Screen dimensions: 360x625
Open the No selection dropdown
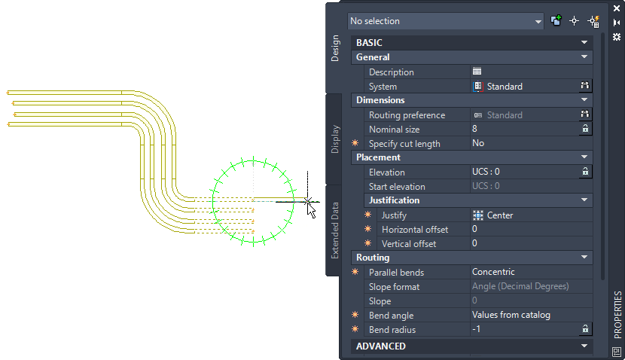(x=445, y=21)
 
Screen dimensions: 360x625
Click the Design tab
(x=336, y=48)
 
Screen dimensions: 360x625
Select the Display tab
(x=336, y=139)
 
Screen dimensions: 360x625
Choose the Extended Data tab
(x=336, y=230)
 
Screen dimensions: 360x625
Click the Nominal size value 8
(x=520, y=130)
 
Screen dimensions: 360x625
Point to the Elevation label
(x=386, y=172)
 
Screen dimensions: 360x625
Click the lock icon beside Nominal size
(x=584, y=130)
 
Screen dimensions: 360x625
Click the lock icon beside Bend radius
(x=584, y=330)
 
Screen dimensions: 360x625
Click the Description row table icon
(x=477, y=72)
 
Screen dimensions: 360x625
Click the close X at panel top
(x=617, y=8)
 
